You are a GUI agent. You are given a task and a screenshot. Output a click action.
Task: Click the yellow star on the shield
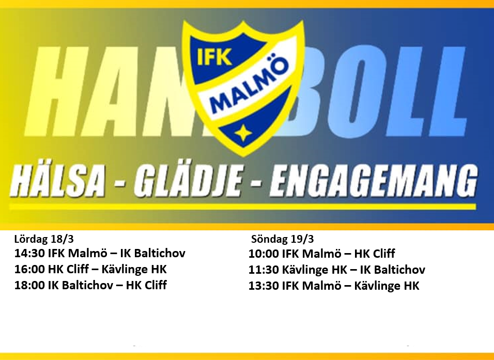tap(243, 134)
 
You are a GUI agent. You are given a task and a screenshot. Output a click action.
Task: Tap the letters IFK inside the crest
tap(214, 57)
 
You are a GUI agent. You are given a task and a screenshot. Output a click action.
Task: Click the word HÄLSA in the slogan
tap(57, 182)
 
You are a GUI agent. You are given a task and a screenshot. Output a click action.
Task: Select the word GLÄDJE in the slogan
tap(189, 182)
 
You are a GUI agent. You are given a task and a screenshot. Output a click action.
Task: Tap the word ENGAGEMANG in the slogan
tap(374, 182)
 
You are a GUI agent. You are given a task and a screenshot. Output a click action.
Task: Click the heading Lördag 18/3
tap(44, 239)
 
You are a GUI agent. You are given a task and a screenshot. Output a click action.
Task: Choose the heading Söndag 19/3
tap(282, 239)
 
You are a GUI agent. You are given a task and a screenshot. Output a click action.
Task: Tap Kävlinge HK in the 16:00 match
tap(134, 270)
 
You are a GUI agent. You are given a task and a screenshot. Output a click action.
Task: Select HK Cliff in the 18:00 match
tap(146, 285)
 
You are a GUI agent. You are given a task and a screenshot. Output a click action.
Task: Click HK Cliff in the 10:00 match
tap(375, 254)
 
